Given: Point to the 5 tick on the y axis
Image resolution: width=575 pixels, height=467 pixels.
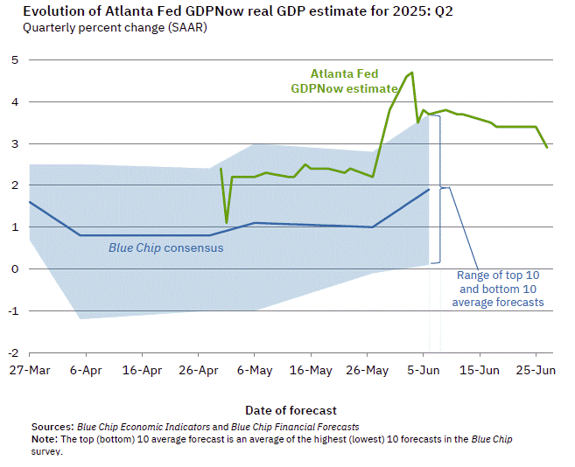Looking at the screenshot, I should pyautogui.click(x=14, y=59).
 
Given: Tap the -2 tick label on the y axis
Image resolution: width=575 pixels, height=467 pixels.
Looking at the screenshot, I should pyautogui.click(x=12, y=352).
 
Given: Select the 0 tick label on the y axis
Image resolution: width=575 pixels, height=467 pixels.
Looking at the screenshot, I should pyautogui.click(x=14, y=268).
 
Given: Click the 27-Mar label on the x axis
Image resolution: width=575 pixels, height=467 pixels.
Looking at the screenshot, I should pyautogui.click(x=29, y=371).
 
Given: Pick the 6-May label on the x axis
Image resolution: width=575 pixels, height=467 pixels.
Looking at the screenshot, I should pyautogui.click(x=254, y=371).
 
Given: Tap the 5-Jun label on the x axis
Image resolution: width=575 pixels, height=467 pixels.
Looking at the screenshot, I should pyautogui.click(x=423, y=371).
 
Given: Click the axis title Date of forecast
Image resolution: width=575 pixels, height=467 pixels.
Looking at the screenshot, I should pyautogui.click(x=291, y=410).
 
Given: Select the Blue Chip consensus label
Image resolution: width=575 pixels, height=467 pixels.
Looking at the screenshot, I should pyautogui.click(x=165, y=247).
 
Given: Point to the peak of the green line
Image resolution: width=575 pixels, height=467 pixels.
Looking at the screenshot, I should pyautogui.click(x=411, y=72).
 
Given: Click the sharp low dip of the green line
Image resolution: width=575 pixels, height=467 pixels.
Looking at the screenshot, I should pyautogui.click(x=227, y=222).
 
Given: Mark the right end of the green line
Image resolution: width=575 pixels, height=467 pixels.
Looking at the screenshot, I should pyautogui.click(x=547, y=147).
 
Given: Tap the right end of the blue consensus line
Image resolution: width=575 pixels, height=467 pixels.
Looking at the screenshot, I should pyautogui.click(x=429, y=189).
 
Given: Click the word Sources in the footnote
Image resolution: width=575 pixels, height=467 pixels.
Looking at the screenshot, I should pyautogui.click(x=52, y=426).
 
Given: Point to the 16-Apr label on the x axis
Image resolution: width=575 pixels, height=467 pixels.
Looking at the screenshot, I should pyautogui.click(x=142, y=371).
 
